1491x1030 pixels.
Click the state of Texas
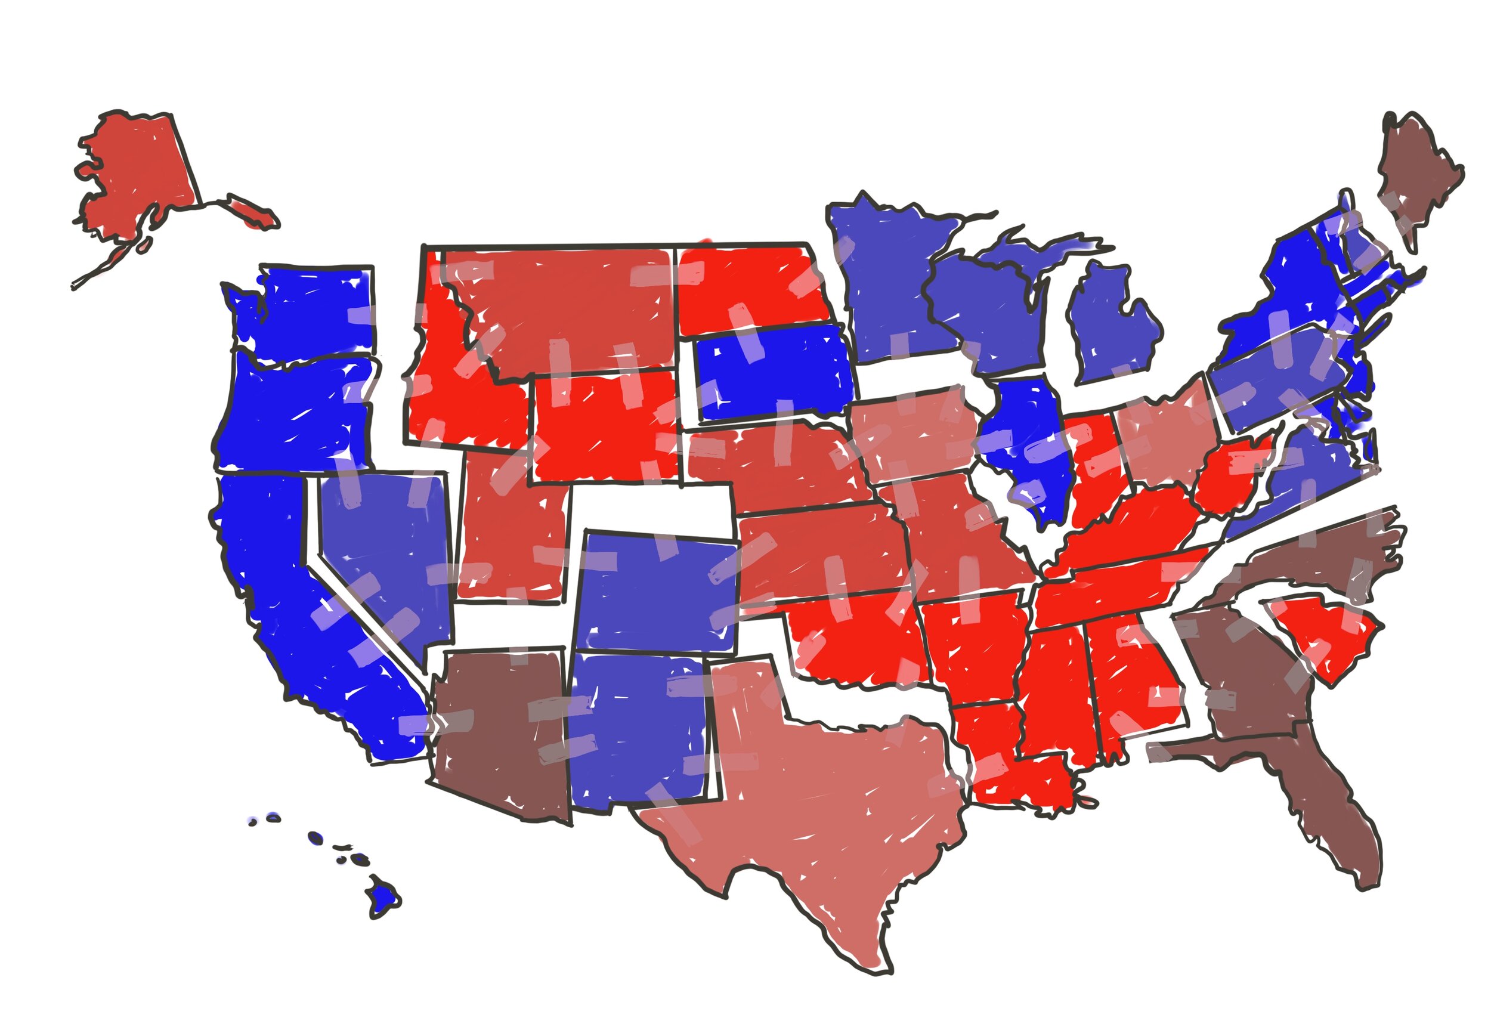click(832, 794)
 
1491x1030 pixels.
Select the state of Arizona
click(500, 729)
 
